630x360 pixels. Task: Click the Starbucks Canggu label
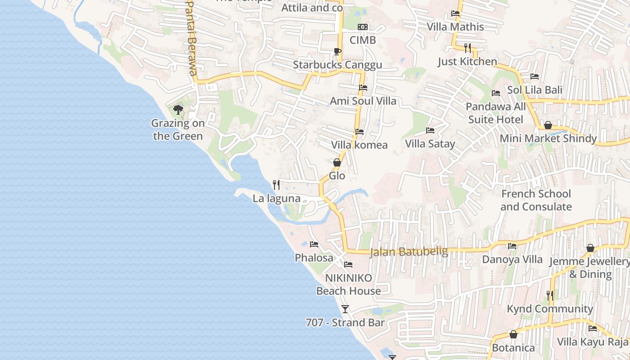[x=337, y=65]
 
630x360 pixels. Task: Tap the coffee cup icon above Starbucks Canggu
[x=337, y=51]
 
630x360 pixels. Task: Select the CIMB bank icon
[x=363, y=27]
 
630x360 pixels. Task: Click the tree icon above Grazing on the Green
[x=178, y=109]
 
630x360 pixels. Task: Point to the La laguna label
[x=276, y=198]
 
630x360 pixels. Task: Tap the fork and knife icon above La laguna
[x=276, y=184]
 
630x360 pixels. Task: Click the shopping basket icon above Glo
[x=337, y=162]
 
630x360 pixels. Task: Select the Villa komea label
[x=359, y=145]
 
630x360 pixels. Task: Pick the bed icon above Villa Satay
[x=430, y=130]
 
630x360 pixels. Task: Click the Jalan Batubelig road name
[x=409, y=252]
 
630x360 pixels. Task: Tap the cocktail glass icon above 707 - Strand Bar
[x=345, y=309]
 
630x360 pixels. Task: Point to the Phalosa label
[x=314, y=258]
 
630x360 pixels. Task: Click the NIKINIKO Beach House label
[x=349, y=284]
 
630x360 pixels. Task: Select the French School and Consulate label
[x=536, y=200]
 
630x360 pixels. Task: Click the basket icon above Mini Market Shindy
[x=548, y=125]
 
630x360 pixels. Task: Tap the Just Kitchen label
[x=468, y=62]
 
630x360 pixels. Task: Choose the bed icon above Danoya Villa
[x=512, y=246]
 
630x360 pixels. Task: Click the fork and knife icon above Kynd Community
[x=549, y=295]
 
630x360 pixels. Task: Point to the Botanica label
[x=513, y=348]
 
